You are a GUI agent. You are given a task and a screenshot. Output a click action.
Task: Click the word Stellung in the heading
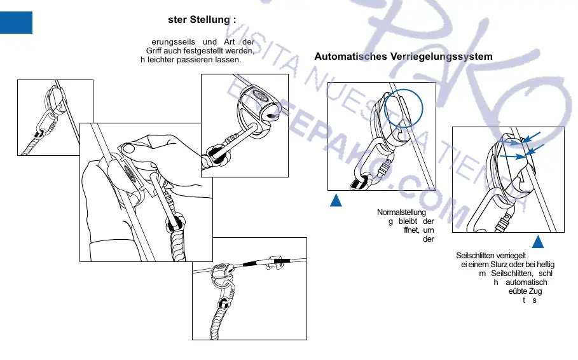[x=212, y=19]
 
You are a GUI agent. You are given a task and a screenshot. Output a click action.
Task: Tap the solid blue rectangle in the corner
[x=16, y=22]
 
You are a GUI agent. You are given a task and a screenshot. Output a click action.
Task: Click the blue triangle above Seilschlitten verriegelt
[x=538, y=242]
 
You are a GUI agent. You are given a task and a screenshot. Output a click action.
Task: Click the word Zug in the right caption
[x=533, y=291]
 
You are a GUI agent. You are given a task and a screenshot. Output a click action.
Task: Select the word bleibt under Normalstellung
[x=408, y=221]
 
